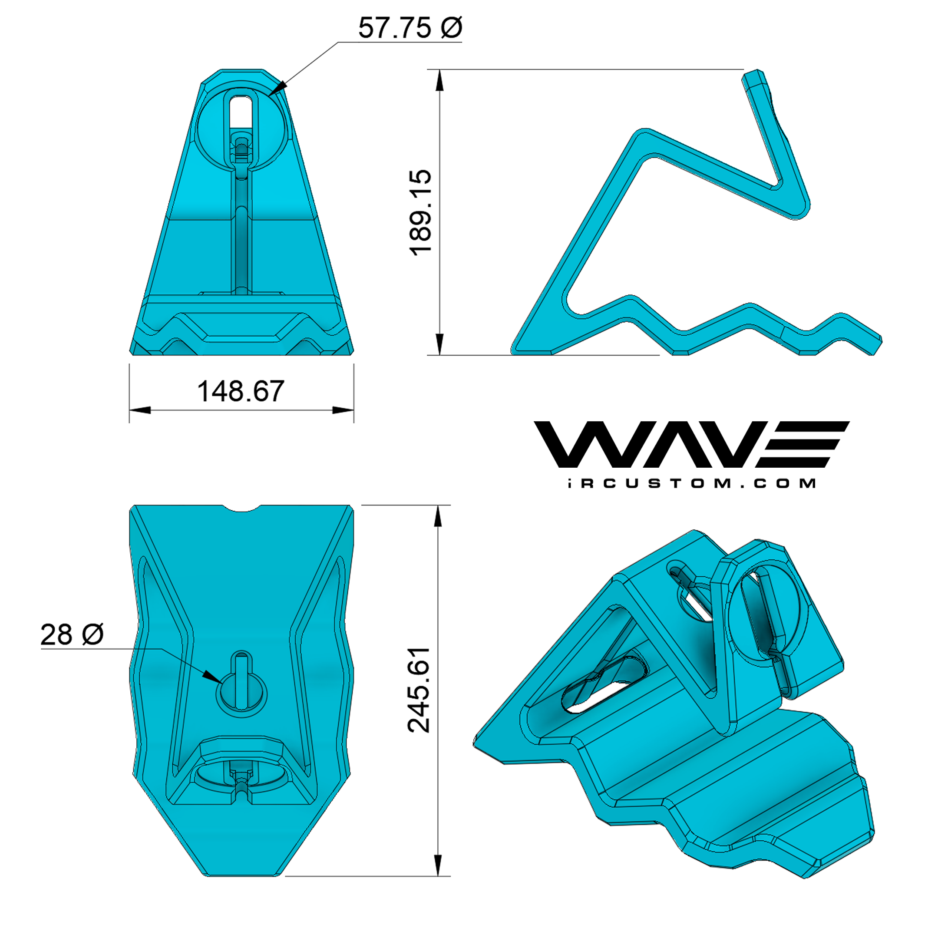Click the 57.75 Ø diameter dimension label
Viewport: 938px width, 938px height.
[410, 28]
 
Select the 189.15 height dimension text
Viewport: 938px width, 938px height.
[420, 212]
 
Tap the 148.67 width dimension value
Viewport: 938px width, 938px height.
[241, 391]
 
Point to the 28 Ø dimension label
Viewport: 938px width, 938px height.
[72, 634]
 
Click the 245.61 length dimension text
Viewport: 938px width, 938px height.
[419, 690]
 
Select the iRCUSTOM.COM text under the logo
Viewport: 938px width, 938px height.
[692, 484]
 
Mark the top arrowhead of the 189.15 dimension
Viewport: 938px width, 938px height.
[440, 80]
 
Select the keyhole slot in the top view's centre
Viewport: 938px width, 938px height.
[241, 684]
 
